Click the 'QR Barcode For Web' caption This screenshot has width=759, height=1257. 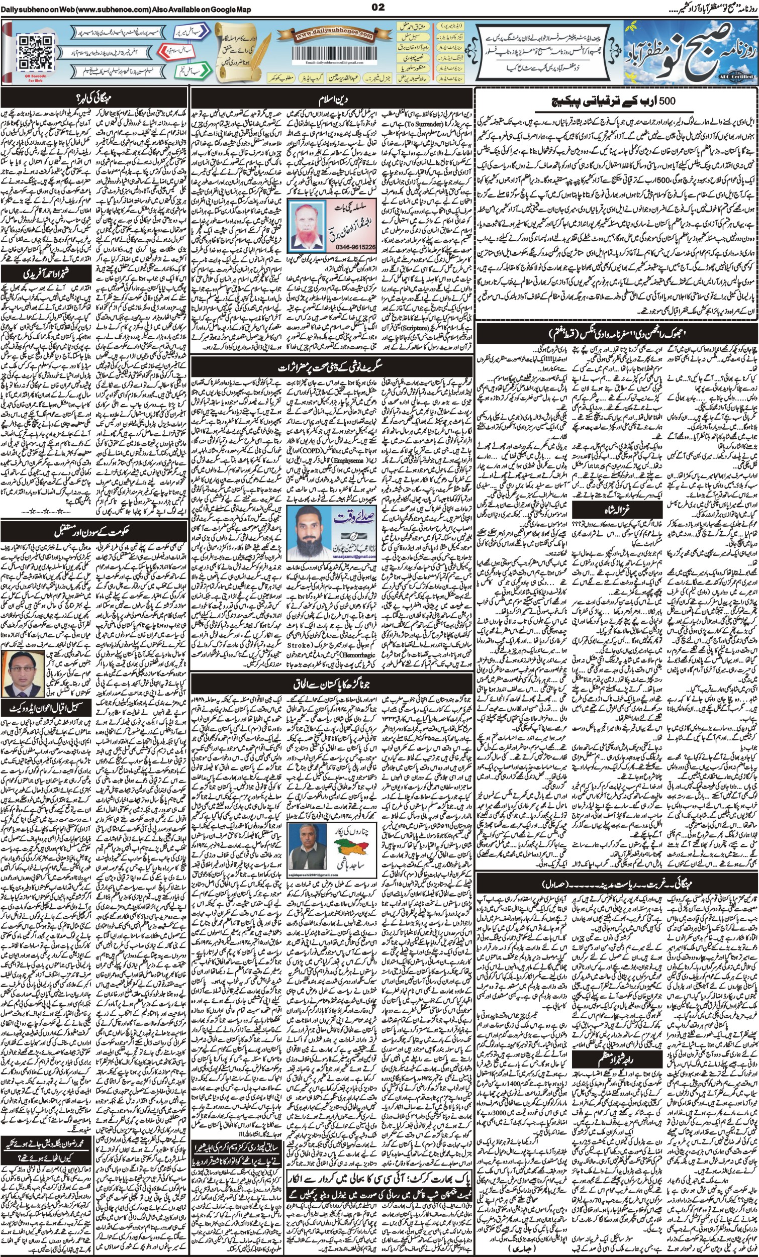(35, 76)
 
